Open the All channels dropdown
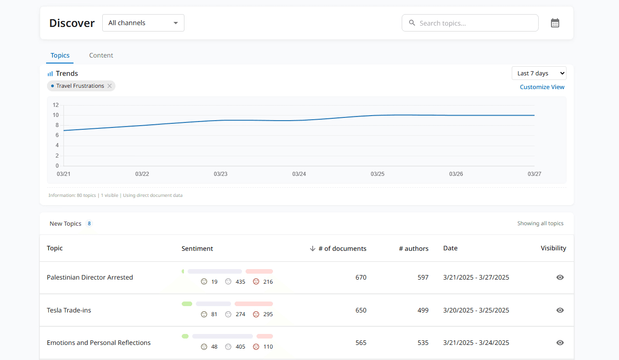[x=143, y=23]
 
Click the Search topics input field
[x=470, y=23]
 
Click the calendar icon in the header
[x=555, y=23]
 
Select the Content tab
[x=101, y=55]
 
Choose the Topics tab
[x=60, y=55]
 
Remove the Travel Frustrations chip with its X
[x=110, y=86]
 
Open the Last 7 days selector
[x=539, y=73]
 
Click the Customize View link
[x=542, y=87]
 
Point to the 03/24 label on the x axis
[x=299, y=174]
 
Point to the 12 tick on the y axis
[x=56, y=105]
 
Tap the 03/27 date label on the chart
[x=534, y=174]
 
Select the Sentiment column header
[x=197, y=249]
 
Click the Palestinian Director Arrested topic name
[x=90, y=277]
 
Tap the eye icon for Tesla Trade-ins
[x=560, y=310]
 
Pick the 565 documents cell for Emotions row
[x=361, y=343]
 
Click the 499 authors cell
[x=423, y=310]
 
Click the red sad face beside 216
[x=256, y=281]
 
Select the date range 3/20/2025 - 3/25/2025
[x=476, y=310]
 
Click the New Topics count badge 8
[x=89, y=223]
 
